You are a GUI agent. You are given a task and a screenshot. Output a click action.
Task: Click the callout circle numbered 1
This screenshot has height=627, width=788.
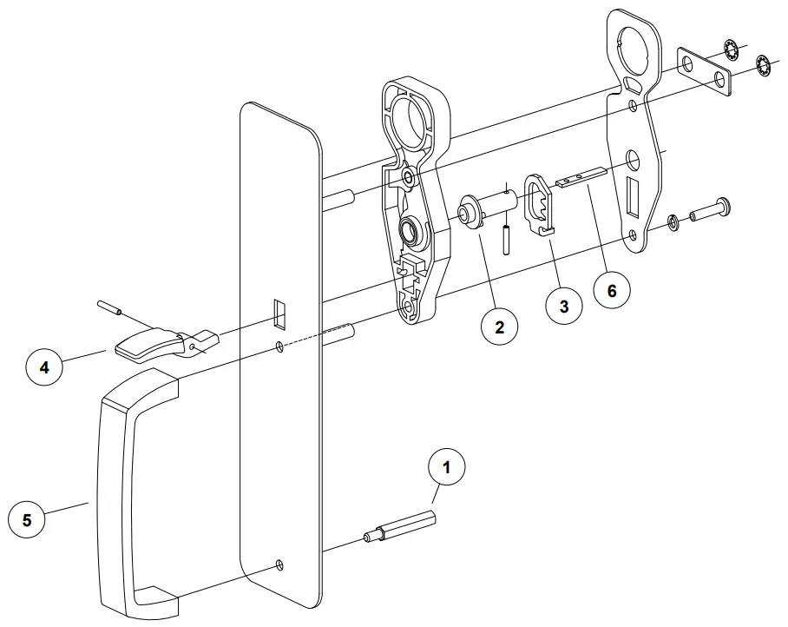[x=447, y=467]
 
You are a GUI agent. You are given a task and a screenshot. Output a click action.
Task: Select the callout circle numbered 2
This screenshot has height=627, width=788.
[x=500, y=327]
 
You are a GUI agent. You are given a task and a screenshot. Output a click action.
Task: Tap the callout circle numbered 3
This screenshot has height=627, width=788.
[x=564, y=307]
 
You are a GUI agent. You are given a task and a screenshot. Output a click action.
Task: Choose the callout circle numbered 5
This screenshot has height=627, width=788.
[x=27, y=520]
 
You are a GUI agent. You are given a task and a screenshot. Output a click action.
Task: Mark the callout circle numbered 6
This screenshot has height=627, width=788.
[x=612, y=291]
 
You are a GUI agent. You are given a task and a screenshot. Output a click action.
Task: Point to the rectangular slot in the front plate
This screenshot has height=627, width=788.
[x=279, y=313]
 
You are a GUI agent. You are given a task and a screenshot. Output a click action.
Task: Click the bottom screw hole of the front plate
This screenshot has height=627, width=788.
[x=279, y=565]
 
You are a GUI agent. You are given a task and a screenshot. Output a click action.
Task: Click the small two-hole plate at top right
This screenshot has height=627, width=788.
[x=704, y=70]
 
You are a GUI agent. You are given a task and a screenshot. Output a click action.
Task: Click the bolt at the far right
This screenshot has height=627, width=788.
[x=711, y=211]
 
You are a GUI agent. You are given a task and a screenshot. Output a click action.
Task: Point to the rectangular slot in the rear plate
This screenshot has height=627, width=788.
[x=632, y=196]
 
